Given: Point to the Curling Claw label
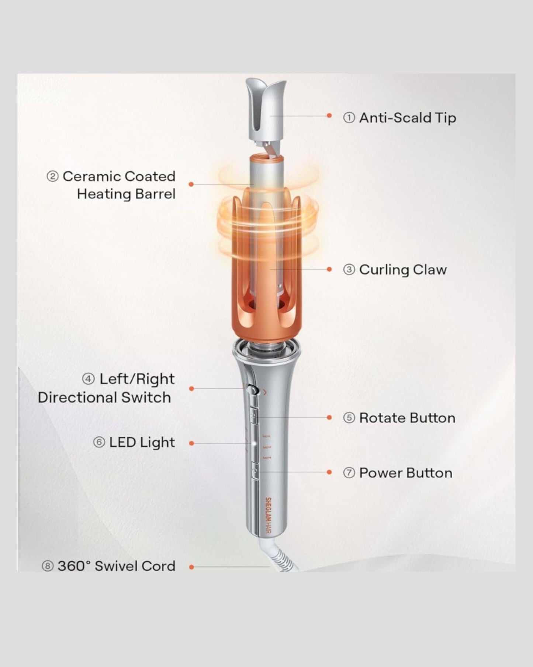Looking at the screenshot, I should point(403,270).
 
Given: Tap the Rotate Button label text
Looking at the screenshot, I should point(407,418).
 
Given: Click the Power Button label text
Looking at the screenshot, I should point(406,473).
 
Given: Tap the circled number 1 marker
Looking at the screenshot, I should point(349,118).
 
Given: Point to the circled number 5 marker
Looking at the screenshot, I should point(349,418).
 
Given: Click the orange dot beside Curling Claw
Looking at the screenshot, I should point(329,269).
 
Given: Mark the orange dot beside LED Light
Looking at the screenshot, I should point(191,443).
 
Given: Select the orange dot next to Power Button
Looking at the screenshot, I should point(329,472).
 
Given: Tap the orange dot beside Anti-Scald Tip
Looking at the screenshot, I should point(329,116).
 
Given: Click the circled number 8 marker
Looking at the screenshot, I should point(48,566).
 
